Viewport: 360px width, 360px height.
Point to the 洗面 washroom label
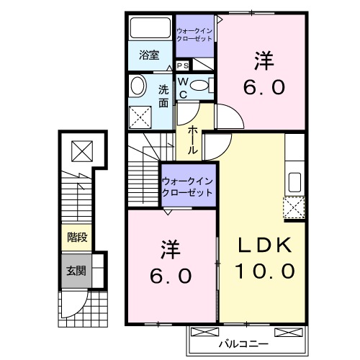(x=163, y=96)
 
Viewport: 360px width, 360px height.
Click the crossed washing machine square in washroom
(x=139, y=116)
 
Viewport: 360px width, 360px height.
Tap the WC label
(x=183, y=87)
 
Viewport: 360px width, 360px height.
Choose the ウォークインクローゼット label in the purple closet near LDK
(x=188, y=187)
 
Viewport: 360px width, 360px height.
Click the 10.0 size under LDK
(x=265, y=272)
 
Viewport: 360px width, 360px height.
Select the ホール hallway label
(x=194, y=140)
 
